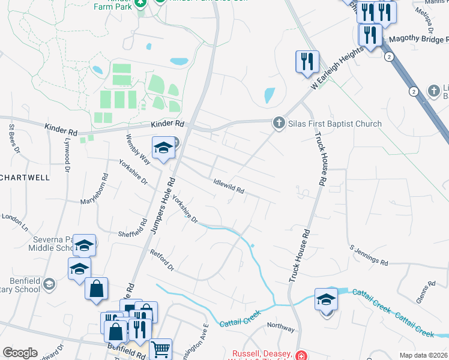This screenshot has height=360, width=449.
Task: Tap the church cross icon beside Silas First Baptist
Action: (x=279, y=123)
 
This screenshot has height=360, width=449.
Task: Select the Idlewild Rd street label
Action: (x=229, y=187)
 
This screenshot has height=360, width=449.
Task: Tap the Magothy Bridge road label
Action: (x=418, y=39)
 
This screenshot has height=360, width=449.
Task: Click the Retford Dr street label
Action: (x=161, y=259)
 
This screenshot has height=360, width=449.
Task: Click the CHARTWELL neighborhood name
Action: (x=24, y=178)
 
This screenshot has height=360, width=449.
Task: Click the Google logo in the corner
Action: (x=20, y=352)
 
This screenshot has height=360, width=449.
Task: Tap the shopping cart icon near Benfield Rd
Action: (x=160, y=348)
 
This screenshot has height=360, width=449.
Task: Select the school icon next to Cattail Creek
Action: (x=326, y=299)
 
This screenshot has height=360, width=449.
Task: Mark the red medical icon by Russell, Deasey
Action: (x=300, y=355)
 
